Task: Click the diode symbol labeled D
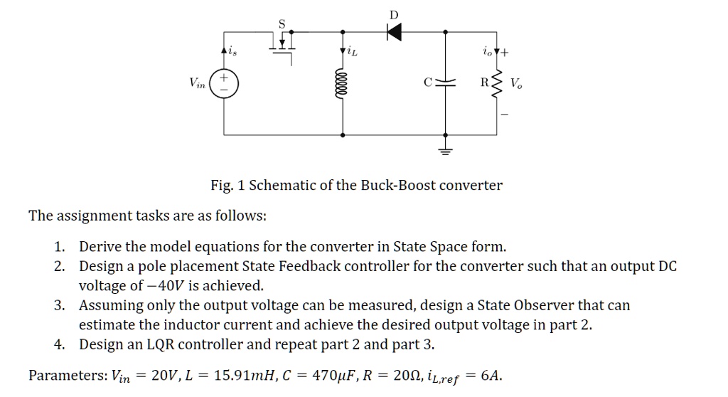[x=394, y=31]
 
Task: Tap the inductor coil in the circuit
[x=343, y=83]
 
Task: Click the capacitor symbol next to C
[x=445, y=83]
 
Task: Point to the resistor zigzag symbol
[x=496, y=83]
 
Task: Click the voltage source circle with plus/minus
[x=224, y=83]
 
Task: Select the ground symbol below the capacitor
[x=445, y=150]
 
